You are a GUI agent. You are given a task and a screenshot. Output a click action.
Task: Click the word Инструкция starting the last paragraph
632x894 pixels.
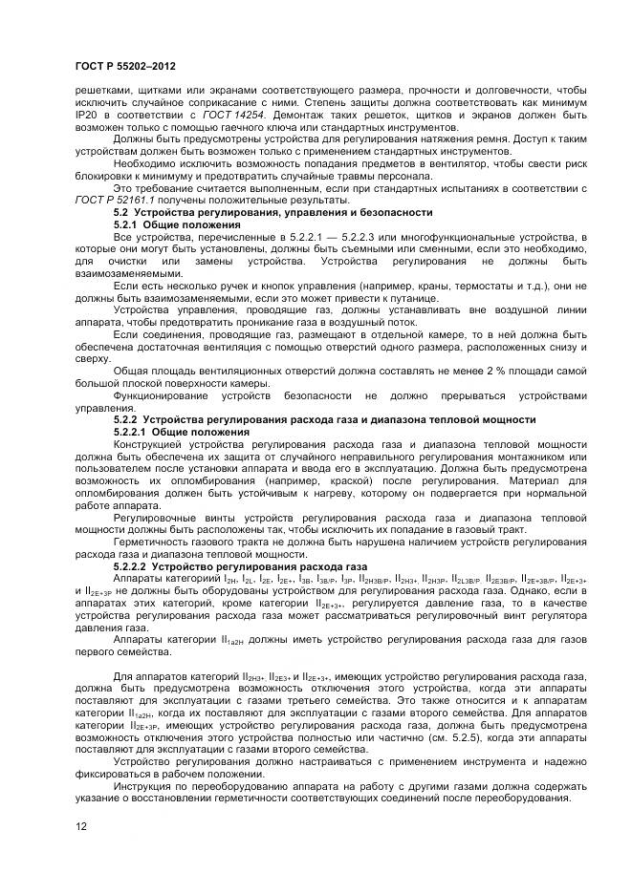pos(143,787)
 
